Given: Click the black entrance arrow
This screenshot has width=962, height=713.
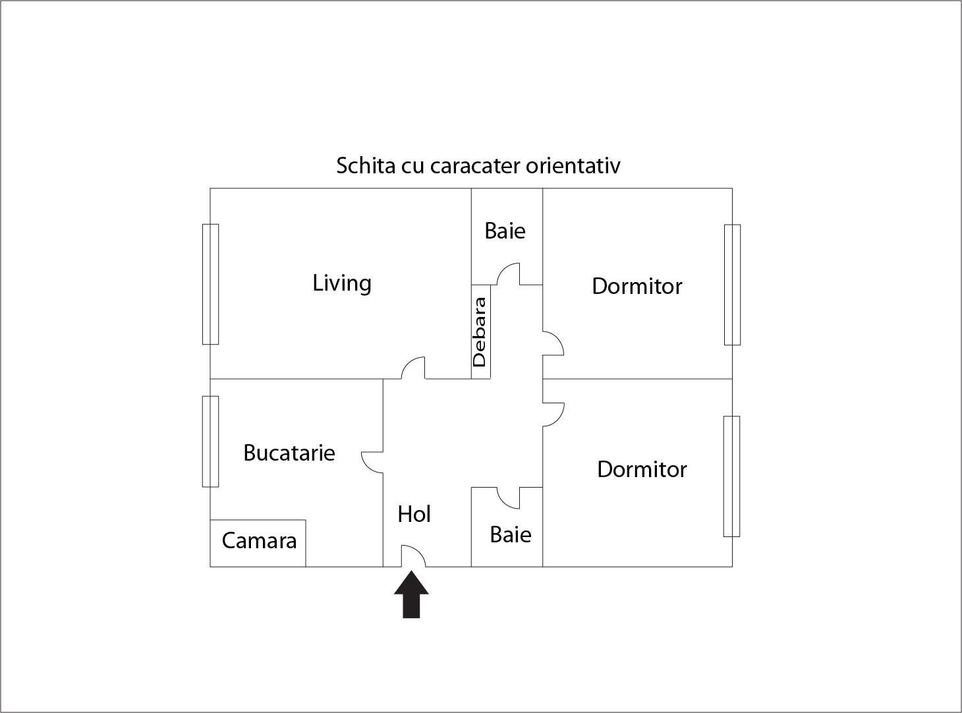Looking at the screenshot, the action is (x=411, y=594).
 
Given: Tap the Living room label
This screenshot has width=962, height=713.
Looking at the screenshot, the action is (x=342, y=283).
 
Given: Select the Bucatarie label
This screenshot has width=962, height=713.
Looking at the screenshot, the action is (x=289, y=453).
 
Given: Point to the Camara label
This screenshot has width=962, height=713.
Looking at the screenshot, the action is (x=259, y=541).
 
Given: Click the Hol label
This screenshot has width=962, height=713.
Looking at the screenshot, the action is (x=414, y=514).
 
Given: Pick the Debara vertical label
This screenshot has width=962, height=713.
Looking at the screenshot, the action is (x=479, y=332).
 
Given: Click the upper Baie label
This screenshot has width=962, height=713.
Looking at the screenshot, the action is (x=505, y=231).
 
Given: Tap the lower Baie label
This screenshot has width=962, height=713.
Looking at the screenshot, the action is (x=511, y=534).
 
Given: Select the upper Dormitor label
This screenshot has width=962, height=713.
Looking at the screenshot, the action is (x=637, y=286).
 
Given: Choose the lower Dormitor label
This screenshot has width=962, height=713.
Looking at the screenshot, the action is (x=642, y=469).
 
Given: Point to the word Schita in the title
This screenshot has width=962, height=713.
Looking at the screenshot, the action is (x=366, y=165).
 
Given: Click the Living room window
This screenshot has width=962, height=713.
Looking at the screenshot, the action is (x=210, y=284).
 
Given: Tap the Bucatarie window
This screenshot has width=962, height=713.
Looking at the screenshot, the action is (x=210, y=442).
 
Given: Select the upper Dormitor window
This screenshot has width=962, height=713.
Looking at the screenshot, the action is (x=732, y=285).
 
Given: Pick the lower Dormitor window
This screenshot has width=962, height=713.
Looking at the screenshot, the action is (x=731, y=476).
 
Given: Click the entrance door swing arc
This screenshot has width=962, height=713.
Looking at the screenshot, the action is (x=413, y=556).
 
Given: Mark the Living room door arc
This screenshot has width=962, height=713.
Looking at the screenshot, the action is (x=413, y=368).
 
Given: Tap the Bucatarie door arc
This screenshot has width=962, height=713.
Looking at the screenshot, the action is (x=372, y=463).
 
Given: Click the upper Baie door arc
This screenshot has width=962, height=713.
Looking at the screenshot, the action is (x=508, y=274).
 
